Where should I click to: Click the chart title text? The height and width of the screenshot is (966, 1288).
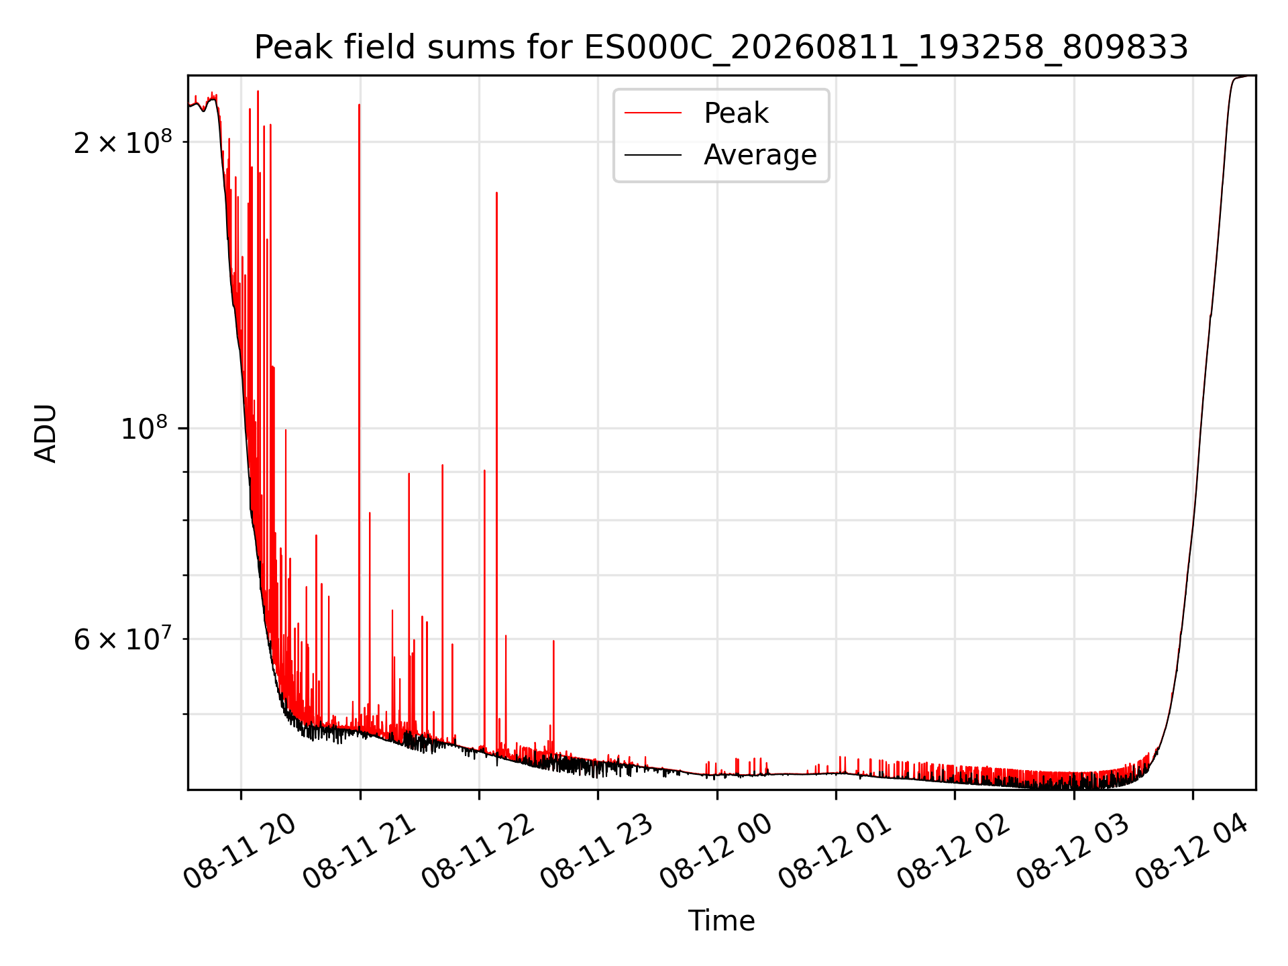[x=721, y=48]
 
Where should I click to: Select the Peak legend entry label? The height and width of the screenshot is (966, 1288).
[x=736, y=113]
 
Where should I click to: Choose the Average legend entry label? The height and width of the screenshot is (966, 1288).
[x=760, y=155]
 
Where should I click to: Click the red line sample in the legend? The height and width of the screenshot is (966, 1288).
[x=653, y=113]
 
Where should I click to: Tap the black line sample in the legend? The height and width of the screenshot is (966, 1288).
[x=653, y=155]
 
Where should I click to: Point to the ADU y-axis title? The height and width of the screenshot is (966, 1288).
[x=46, y=433]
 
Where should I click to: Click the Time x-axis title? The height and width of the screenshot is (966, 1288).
[x=721, y=921]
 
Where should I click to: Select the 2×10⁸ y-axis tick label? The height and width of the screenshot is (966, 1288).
[x=123, y=142]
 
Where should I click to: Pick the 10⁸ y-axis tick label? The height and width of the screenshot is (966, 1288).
[x=146, y=428]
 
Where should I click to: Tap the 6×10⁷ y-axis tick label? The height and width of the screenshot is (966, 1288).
[x=123, y=639]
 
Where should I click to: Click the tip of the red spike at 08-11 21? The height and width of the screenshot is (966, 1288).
[x=359, y=105]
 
